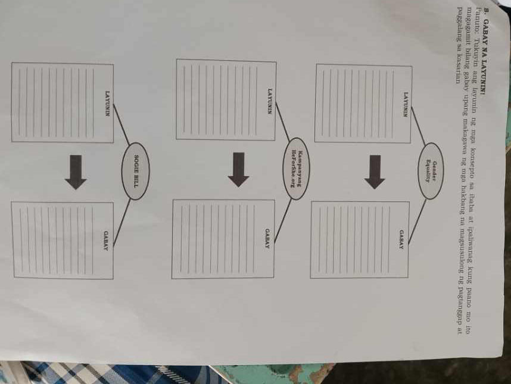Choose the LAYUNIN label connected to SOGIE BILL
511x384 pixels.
tap(108, 102)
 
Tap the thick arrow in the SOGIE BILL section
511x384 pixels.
tap(76, 171)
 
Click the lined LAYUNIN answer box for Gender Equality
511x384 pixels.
tap(363, 103)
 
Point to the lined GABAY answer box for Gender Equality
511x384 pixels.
tap(360, 239)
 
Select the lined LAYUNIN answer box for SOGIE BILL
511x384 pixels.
tap(62, 102)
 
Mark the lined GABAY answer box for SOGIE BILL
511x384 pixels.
tap(62, 240)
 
